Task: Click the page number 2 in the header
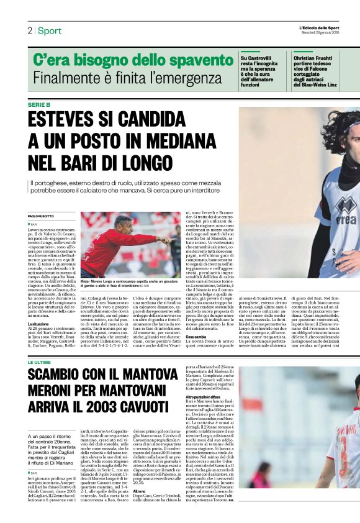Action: coord(29,30)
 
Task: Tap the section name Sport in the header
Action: coord(49,30)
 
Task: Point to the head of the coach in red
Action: coord(124,222)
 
